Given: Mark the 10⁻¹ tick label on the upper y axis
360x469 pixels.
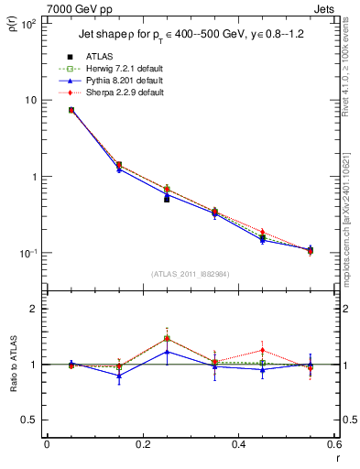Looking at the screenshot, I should tap(28, 253).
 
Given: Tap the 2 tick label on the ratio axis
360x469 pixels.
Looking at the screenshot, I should tap(36, 309).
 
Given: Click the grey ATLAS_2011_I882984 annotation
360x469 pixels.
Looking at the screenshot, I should tap(191, 273).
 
